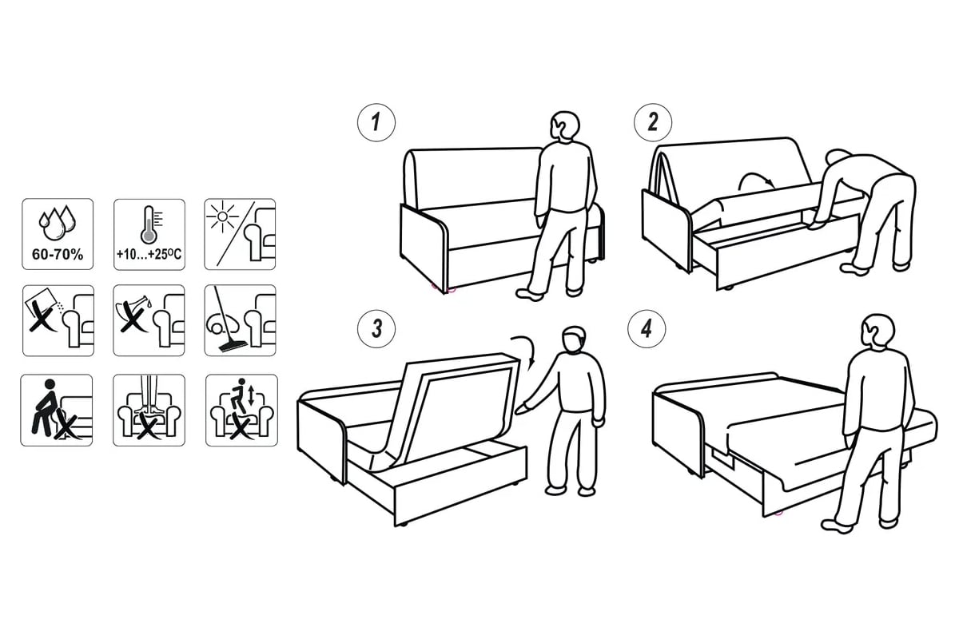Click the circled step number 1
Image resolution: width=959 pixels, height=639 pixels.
click(x=376, y=122)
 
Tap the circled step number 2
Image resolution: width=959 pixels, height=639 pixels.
click(x=653, y=122)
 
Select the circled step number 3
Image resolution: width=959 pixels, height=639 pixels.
click(x=376, y=329)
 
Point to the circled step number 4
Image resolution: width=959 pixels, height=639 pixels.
click(x=647, y=329)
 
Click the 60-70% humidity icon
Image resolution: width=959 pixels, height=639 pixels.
click(x=58, y=234)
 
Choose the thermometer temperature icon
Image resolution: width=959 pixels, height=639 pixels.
click(x=149, y=234)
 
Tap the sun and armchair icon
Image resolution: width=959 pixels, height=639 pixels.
click(x=240, y=234)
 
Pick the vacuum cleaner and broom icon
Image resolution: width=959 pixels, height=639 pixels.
click(x=241, y=320)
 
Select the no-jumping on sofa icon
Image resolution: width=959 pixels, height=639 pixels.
click(x=241, y=411)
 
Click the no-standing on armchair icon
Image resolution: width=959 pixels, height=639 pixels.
click(x=149, y=411)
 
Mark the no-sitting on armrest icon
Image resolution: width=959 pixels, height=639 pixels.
click(x=57, y=411)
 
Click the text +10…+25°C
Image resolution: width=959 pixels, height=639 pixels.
click(x=149, y=255)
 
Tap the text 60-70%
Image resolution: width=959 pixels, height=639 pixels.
click(x=58, y=255)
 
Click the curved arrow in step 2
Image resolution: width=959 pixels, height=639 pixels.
click(x=754, y=176)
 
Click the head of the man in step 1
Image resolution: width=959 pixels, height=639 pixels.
click(x=565, y=126)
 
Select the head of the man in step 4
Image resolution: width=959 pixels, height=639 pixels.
click(x=877, y=331)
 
